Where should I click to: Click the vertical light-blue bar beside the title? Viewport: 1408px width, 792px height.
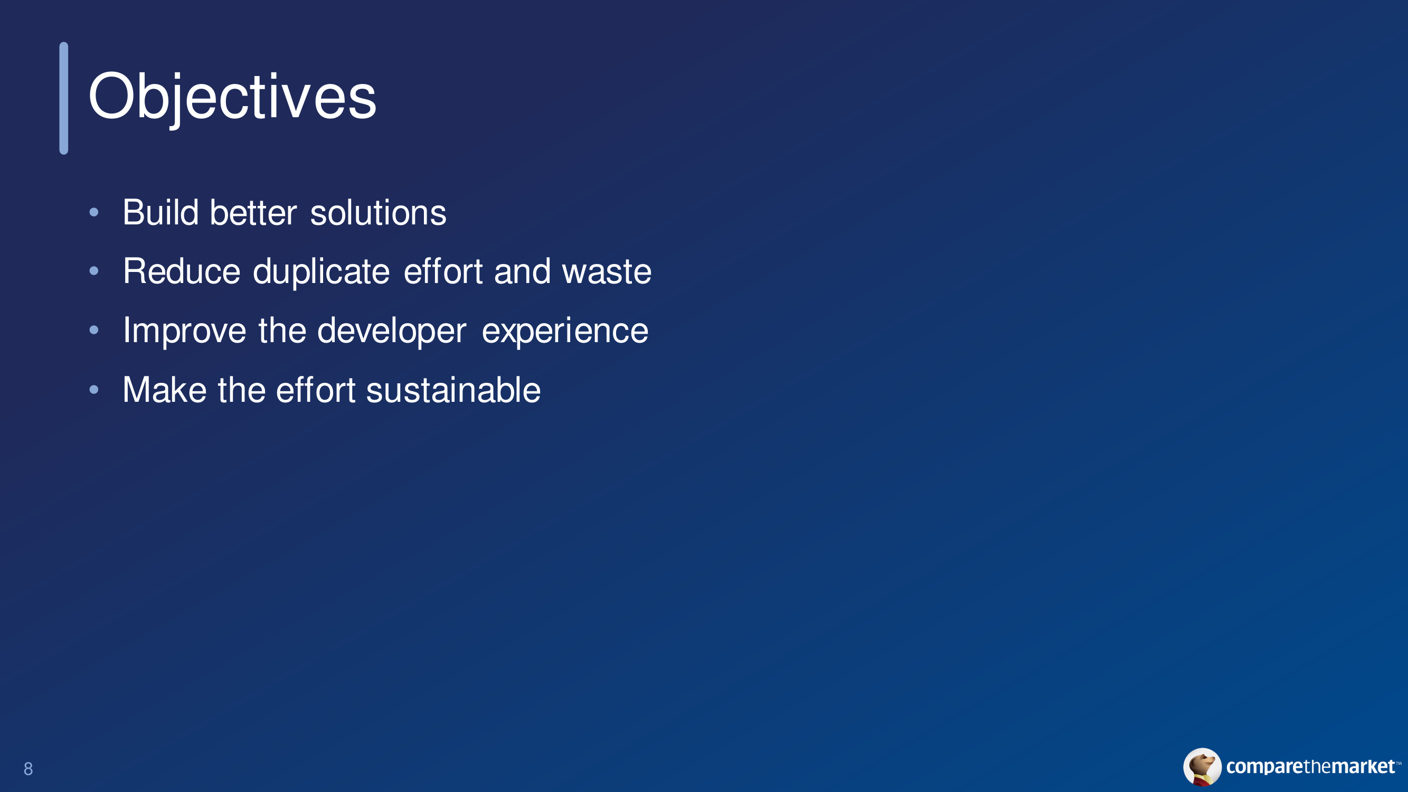[x=64, y=98]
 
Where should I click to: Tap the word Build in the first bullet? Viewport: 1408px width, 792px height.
[x=160, y=212]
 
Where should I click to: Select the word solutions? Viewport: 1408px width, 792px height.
[x=378, y=212]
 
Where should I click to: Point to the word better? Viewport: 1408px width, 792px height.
[x=253, y=212]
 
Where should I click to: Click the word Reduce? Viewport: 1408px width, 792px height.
[x=182, y=271]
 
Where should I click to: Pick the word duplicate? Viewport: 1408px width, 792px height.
[x=322, y=271]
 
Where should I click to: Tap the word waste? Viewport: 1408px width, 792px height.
[x=607, y=271]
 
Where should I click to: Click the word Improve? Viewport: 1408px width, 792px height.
[x=185, y=331]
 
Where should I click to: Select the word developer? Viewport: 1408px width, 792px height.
[x=392, y=331]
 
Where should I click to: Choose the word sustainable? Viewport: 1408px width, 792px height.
[x=453, y=390]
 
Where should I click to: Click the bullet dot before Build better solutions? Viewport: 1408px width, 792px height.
[x=94, y=212]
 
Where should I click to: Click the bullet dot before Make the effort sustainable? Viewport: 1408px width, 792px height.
[x=94, y=389]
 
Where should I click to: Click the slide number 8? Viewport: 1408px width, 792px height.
[x=29, y=769]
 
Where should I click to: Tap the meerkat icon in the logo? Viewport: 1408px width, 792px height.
[x=1203, y=767]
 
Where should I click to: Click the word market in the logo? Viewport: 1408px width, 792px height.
[x=1363, y=766]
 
